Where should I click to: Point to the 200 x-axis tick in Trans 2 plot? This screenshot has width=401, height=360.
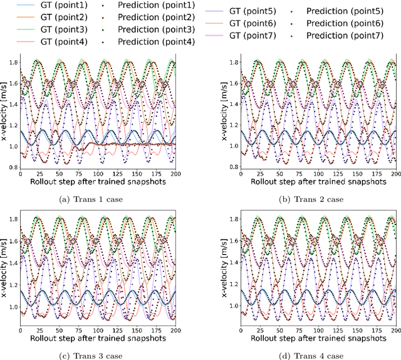pyautogui.click(x=395, y=174)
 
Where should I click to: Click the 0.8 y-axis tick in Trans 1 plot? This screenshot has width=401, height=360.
pyautogui.click(x=12, y=167)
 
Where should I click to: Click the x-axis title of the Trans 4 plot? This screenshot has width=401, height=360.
pyautogui.click(x=311, y=338)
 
